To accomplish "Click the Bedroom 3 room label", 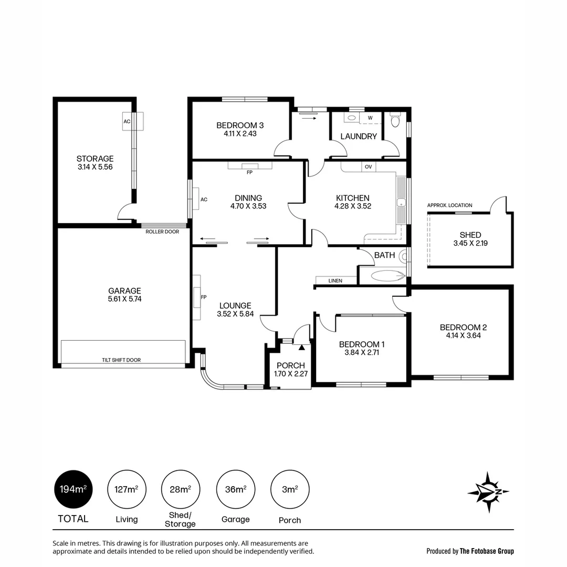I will pos(240,125).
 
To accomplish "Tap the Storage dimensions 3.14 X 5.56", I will pos(95,167).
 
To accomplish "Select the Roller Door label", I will pos(162,232).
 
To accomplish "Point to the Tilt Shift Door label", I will pos(121,360).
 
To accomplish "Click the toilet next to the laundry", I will pos(395,122).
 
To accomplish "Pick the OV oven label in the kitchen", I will pos(368,167).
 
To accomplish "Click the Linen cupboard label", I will pos(335,281).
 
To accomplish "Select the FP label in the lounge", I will pos(203,297).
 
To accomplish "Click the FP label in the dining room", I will pos(249,172).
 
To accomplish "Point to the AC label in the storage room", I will pos(127,121).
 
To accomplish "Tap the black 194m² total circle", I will pos(73,490).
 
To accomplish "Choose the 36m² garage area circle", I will pos(235,490).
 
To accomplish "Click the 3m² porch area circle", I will pos(289,490).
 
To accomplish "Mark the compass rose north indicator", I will pos(488,492).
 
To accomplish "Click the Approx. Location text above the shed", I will pos(449,205).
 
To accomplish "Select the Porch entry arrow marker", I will pos(301,347).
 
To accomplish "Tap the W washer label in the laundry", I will pos(370,118).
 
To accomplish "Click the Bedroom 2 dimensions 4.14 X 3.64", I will pos(460,335).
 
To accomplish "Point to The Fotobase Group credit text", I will pos(487,551).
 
